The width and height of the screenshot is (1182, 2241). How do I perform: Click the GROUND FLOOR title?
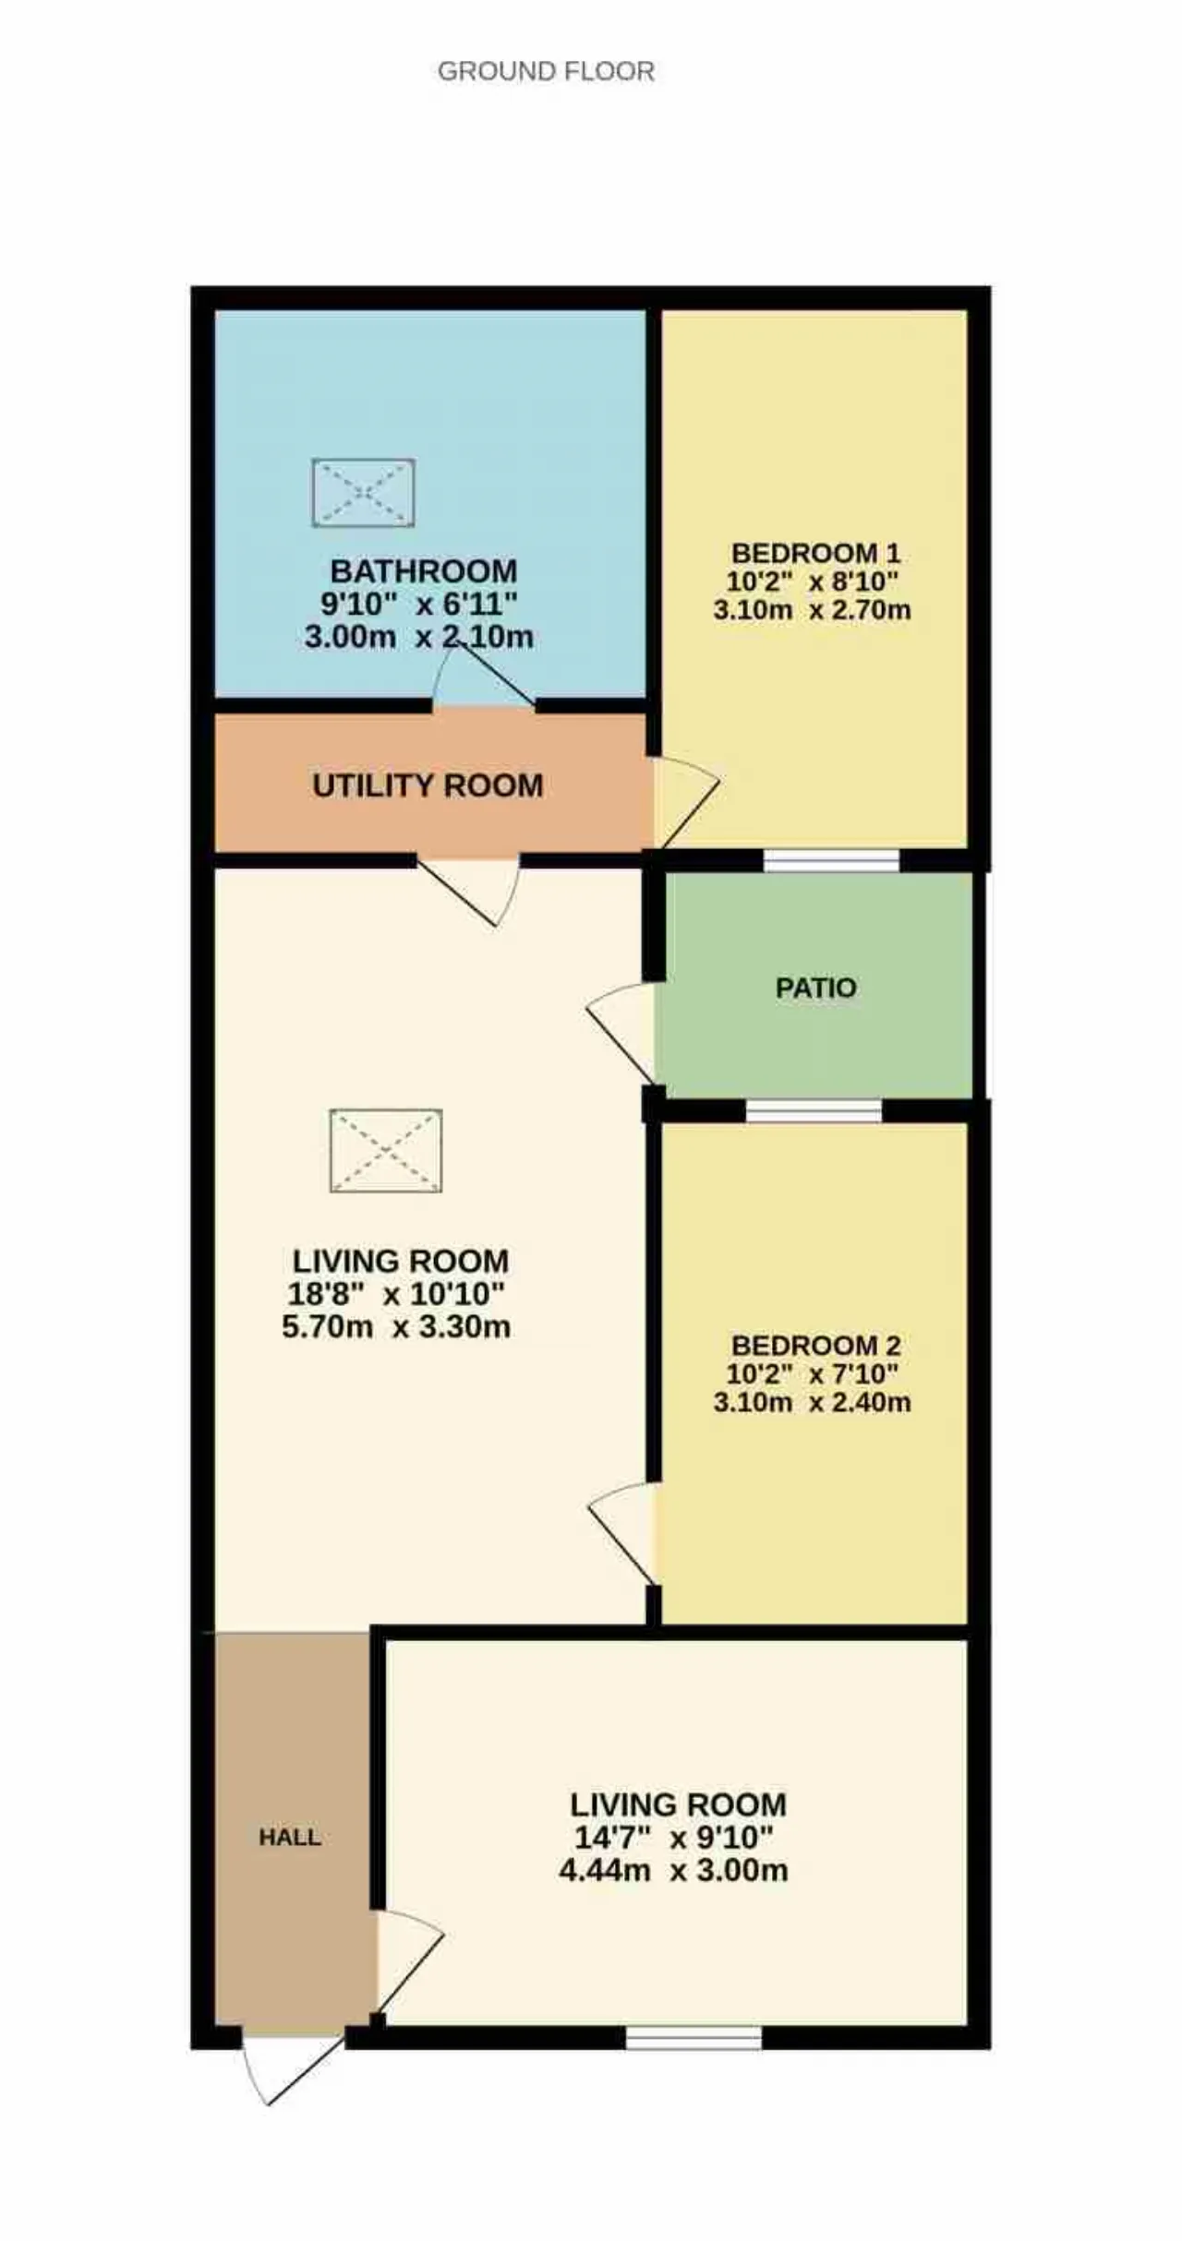(546, 71)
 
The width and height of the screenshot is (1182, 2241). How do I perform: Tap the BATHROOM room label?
(424, 570)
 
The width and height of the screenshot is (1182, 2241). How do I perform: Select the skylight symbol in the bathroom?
(363, 493)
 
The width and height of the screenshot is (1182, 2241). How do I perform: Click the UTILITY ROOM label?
(428, 785)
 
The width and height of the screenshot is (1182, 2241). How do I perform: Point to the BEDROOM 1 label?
(815, 553)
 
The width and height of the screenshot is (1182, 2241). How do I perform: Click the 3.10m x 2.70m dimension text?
(813, 610)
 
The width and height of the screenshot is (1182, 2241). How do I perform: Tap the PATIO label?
(816, 988)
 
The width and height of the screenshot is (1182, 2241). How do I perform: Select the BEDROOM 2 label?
(815, 1345)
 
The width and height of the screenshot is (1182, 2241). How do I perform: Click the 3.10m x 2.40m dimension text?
(813, 1402)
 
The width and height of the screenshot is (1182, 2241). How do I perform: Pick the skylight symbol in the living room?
(386, 1150)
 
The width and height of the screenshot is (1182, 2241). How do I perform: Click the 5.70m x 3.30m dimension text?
(396, 1327)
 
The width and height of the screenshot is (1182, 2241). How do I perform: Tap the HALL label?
(290, 1837)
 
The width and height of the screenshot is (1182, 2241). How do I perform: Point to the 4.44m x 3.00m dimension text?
(674, 1871)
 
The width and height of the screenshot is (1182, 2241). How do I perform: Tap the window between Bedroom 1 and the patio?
(831, 860)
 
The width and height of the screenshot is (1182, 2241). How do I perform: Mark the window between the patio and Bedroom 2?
(814, 1111)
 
